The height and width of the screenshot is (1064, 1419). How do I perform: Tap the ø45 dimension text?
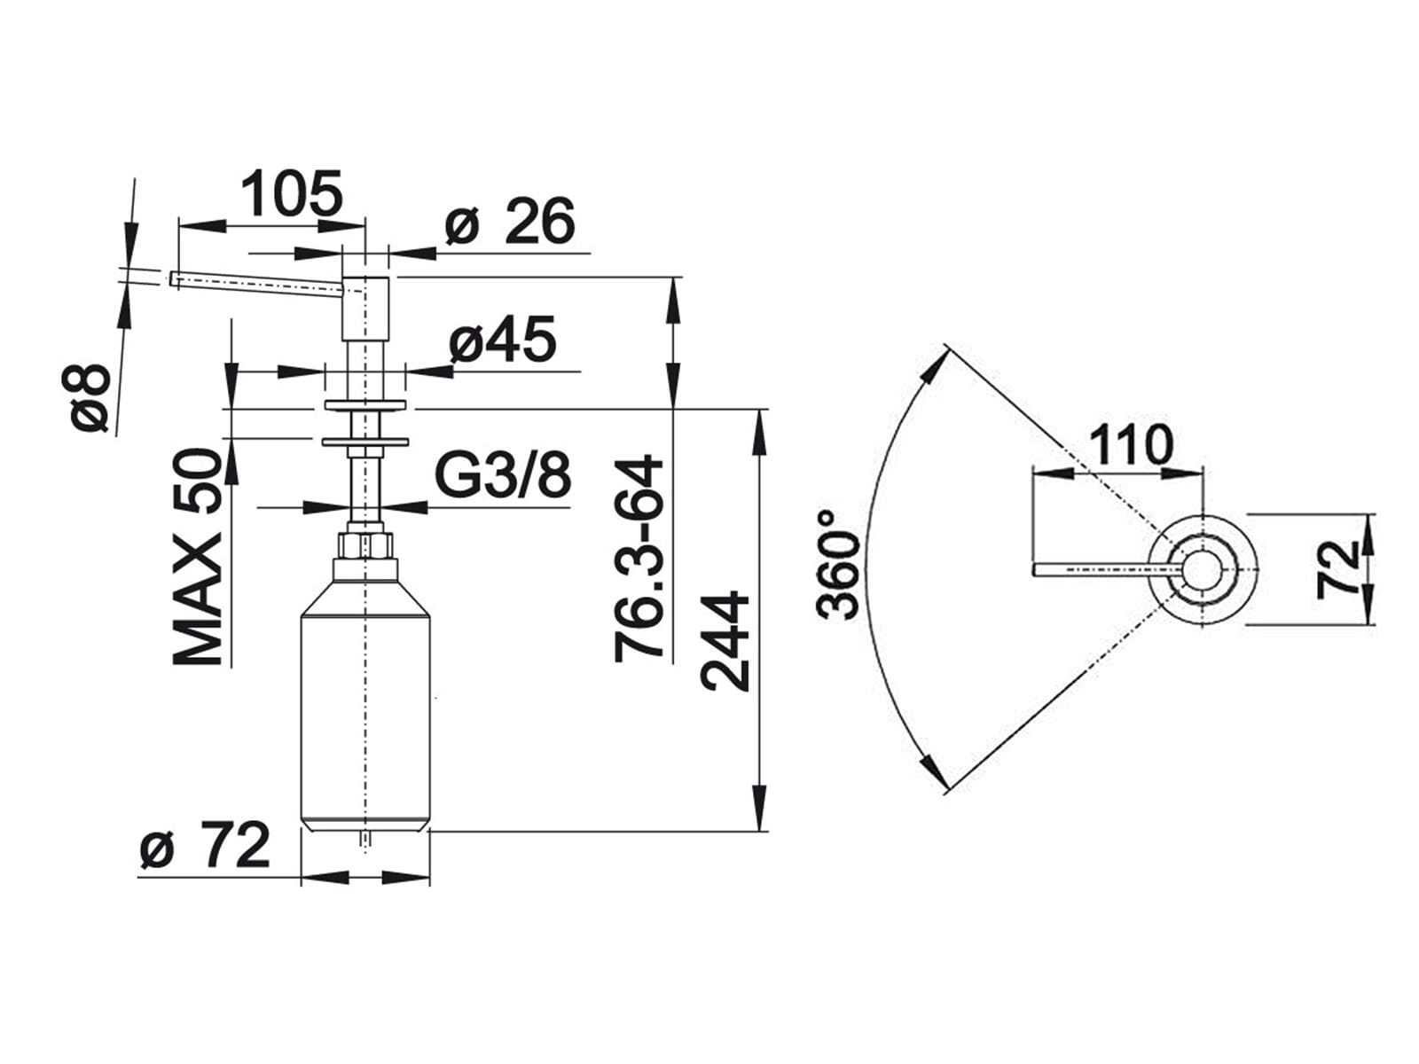[502, 340]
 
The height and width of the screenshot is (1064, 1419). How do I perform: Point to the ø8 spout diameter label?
[89, 398]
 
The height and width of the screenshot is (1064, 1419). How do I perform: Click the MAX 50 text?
[197, 557]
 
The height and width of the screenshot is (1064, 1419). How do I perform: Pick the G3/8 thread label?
[503, 476]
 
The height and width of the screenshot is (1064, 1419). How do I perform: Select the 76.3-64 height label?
[639, 559]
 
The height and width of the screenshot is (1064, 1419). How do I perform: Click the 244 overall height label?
[725, 641]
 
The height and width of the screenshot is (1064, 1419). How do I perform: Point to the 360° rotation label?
[839, 564]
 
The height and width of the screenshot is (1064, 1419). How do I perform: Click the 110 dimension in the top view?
[1131, 445]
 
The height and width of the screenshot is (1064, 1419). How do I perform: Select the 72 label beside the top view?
[1338, 570]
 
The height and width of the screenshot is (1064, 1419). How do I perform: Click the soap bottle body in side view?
[365, 700]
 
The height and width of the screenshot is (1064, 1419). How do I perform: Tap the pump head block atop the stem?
[365, 308]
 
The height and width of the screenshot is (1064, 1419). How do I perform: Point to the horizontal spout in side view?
[257, 282]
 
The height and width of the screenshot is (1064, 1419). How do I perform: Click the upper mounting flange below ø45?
[365, 406]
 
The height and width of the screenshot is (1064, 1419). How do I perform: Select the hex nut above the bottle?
[365, 544]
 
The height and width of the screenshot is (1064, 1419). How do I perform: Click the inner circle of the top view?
[1202, 570]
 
